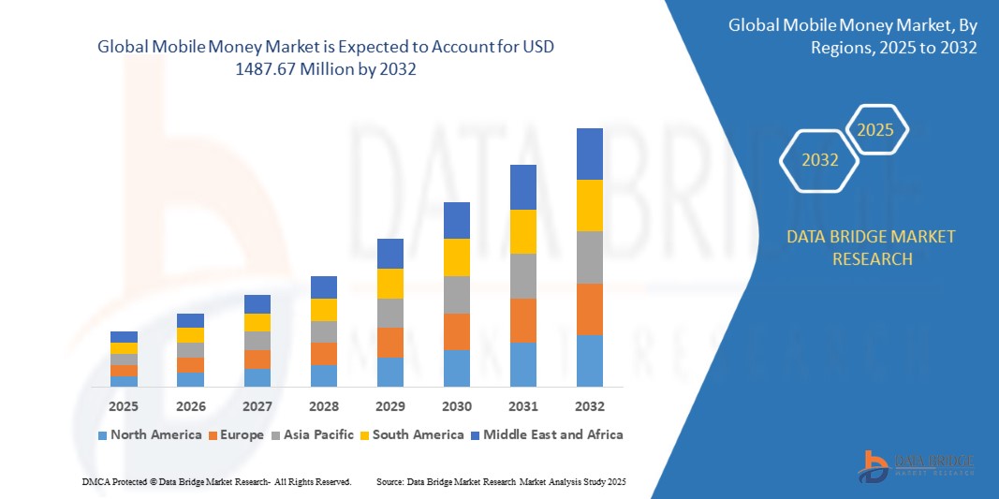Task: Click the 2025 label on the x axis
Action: tap(124, 406)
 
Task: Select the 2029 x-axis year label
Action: tap(390, 406)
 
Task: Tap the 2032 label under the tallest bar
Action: tap(590, 406)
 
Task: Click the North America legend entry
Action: tap(150, 434)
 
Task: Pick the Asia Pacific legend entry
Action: tap(314, 434)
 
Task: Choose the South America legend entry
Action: tap(411, 434)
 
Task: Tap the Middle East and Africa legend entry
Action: tap(547, 434)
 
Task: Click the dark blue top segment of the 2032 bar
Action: tap(590, 154)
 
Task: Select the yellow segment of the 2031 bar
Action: tap(523, 231)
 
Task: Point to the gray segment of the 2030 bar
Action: tap(457, 294)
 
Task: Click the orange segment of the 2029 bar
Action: tap(390, 343)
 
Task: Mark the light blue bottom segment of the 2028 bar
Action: tap(324, 375)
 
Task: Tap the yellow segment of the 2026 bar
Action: tap(190, 335)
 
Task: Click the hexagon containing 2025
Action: tap(876, 130)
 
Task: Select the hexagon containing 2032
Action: tap(820, 160)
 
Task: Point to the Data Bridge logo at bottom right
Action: tap(916, 465)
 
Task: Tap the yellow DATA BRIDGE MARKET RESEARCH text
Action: tap(872, 247)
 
